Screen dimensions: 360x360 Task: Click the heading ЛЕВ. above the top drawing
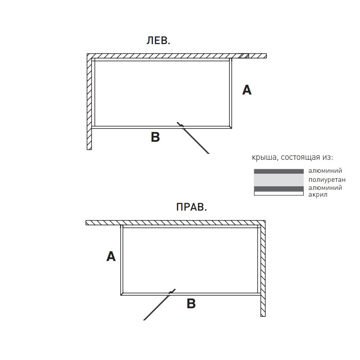(158, 41)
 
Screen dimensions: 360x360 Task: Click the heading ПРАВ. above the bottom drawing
(192, 207)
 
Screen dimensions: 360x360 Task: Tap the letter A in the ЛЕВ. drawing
(247, 90)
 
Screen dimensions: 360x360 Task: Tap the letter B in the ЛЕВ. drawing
(155, 137)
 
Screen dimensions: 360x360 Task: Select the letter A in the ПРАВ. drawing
(111, 256)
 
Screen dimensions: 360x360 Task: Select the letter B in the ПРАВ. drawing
(191, 303)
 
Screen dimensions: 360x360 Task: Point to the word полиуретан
(327, 180)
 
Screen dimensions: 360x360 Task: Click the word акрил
(318, 195)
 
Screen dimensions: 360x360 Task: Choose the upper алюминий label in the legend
(325, 171)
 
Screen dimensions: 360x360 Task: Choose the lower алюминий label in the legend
(325, 188)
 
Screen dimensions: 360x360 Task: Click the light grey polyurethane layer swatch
(279, 180)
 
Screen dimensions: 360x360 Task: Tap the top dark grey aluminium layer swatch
(279, 171)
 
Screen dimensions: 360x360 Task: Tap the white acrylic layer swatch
(279, 193)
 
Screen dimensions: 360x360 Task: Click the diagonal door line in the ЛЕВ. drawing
(193, 138)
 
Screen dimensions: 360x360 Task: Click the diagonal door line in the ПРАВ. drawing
(159, 305)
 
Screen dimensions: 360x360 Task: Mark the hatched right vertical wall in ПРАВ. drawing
(263, 269)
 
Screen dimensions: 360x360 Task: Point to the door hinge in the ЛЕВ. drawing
(182, 126)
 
